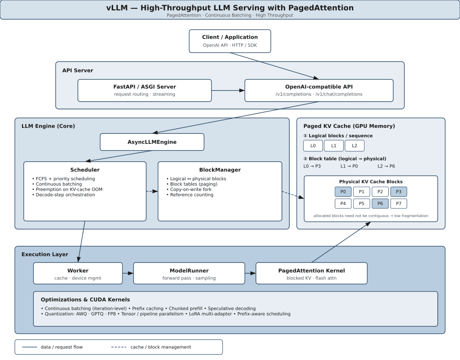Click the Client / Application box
tap(230, 41)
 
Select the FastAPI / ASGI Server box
tap(144, 90)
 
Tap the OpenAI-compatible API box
tap(319, 90)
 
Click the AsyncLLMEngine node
tap(152, 142)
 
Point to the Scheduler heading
tap(85, 170)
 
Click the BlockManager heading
tap(220, 170)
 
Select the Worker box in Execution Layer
tap(78, 273)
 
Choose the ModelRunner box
tap(189, 273)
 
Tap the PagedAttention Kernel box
tap(311, 273)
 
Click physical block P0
tap(343, 192)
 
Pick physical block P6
tap(380, 204)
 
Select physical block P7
tap(399, 204)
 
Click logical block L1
tap(334, 146)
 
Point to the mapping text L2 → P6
tap(386, 166)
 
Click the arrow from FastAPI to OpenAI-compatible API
tap(228, 90)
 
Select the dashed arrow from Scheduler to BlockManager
tap(152, 191)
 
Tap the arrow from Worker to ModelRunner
tap(128, 273)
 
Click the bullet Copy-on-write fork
tap(191, 189)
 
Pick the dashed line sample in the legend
tap(119, 347)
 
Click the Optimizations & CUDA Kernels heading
tap(86, 300)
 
